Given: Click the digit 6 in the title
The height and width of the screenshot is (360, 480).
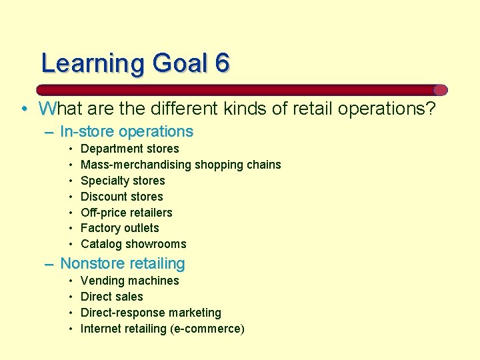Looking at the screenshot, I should click(223, 63).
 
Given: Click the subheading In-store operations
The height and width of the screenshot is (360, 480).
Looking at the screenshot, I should click(127, 132).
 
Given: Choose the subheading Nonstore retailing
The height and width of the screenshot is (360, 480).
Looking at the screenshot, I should click(123, 264).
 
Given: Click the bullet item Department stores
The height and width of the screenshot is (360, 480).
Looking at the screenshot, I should click(130, 149).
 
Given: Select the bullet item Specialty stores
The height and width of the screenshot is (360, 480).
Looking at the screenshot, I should click(123, 181).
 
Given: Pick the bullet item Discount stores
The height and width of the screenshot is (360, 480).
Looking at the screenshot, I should click(122, 197).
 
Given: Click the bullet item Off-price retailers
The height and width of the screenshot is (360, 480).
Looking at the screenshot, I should click(127, 213).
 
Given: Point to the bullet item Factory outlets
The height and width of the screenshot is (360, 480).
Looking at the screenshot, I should click(120, 228).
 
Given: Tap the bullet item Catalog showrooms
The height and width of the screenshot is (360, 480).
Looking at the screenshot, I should click(133, 244).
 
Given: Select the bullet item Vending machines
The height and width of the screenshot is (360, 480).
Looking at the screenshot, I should click(130, 281).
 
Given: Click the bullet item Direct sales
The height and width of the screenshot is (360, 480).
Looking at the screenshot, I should click(112, 297).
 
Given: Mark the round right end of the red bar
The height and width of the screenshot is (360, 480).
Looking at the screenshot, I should click(440, 90).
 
